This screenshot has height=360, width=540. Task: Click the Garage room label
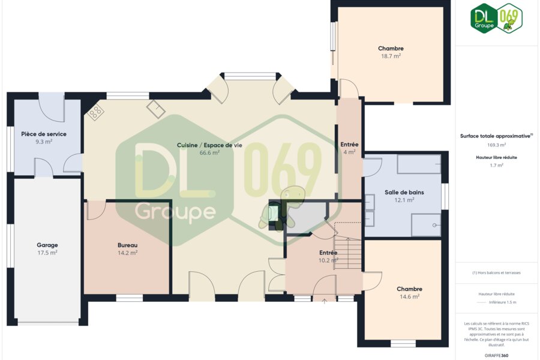pos(47,245)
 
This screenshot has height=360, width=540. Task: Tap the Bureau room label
pos(127,245)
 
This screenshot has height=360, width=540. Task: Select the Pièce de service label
pos(44,134)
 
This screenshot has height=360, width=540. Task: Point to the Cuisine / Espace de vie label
pos(209,145)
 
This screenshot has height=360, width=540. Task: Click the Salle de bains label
pos(404,192)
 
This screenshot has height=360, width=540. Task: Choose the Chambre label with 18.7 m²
pos(391,49)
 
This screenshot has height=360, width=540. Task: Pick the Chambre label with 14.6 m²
pos(409,289)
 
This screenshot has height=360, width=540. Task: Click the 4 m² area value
pos(350,152)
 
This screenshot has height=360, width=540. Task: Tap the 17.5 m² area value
pos(47,253)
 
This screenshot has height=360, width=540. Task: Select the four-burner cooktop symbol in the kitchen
pos(95,112)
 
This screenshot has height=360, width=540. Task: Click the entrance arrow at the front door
pos(324,301)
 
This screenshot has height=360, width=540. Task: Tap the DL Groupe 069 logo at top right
pos(496,18)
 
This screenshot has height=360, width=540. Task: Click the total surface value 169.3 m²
pos(496,145)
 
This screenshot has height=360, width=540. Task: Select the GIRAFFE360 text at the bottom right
pos(496,356)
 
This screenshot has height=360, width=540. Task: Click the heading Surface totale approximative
pos(495,136)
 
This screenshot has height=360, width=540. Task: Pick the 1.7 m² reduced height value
pos(496,166)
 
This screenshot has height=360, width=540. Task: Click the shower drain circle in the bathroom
pos(434,225)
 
